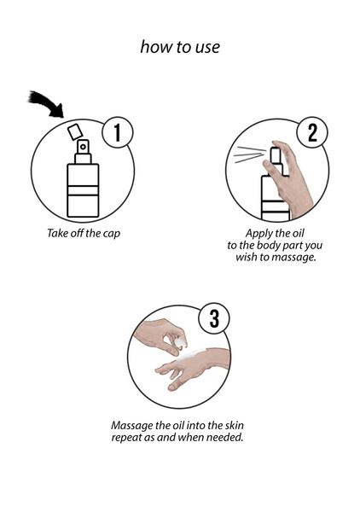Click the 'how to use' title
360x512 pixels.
180,47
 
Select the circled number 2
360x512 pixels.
311,132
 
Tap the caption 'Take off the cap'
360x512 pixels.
83,232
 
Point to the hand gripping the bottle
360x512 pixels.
295,175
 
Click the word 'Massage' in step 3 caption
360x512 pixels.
134,425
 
